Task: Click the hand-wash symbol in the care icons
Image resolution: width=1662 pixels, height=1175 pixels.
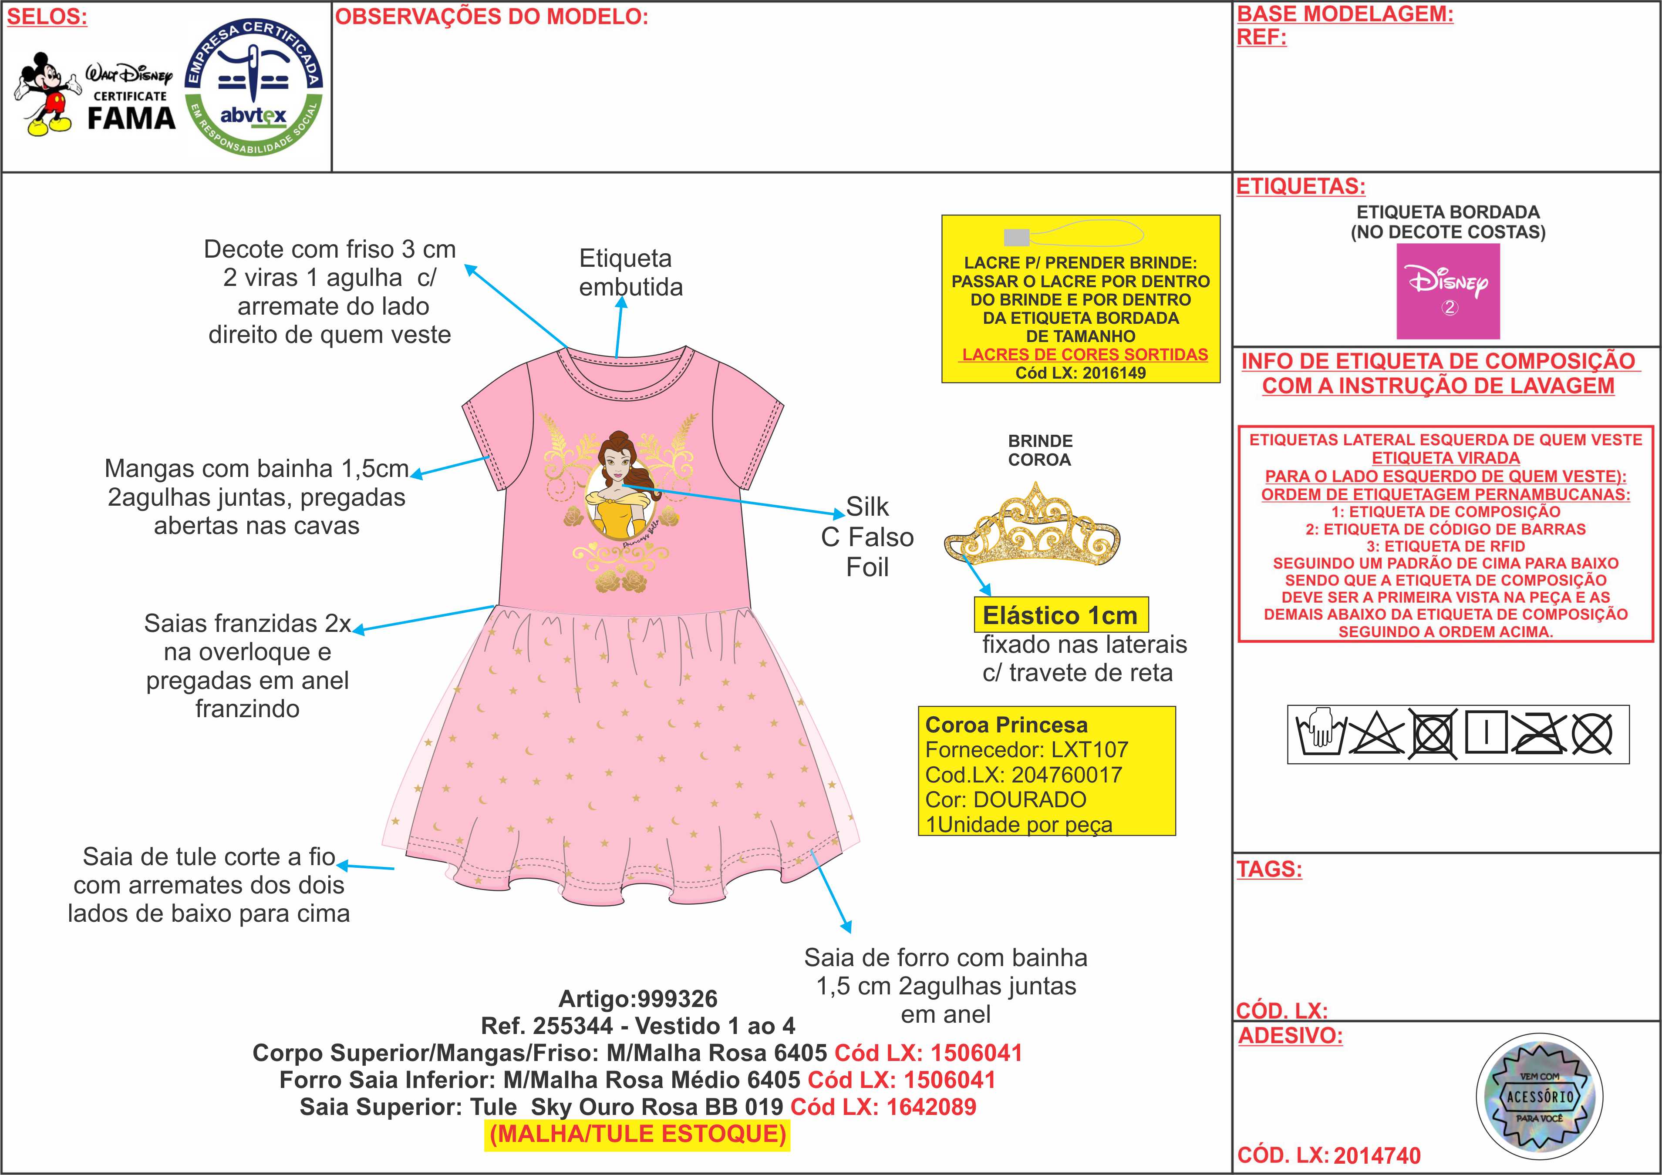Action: (1320, 734)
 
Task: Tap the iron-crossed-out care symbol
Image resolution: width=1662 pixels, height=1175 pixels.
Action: (1538, 734)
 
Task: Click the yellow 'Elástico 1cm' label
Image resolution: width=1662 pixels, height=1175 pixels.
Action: (1060, 615)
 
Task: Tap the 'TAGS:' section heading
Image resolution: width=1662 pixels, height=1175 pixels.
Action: (1269, 869)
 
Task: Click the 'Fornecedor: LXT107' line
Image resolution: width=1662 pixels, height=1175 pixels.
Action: (1026, 749)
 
